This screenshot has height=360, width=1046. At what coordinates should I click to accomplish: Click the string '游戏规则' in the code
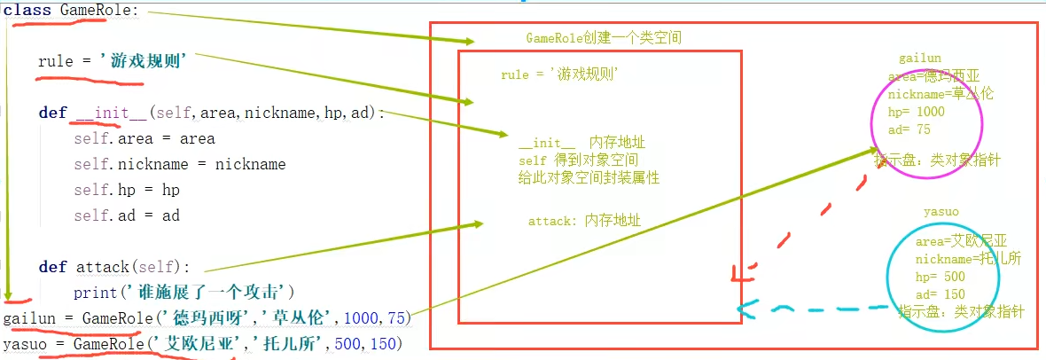[x=148, y=62]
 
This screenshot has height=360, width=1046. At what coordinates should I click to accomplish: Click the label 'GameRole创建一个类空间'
[x=603, y=38]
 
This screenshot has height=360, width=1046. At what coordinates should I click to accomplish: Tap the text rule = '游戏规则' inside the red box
[x=558, y=75]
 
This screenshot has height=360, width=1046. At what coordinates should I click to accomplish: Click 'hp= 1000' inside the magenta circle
[x=916, y=112]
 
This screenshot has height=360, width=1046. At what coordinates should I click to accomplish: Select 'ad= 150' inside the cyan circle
[x=941, y=294]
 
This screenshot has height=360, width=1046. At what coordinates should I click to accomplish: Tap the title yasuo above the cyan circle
[x=941, y=212]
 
